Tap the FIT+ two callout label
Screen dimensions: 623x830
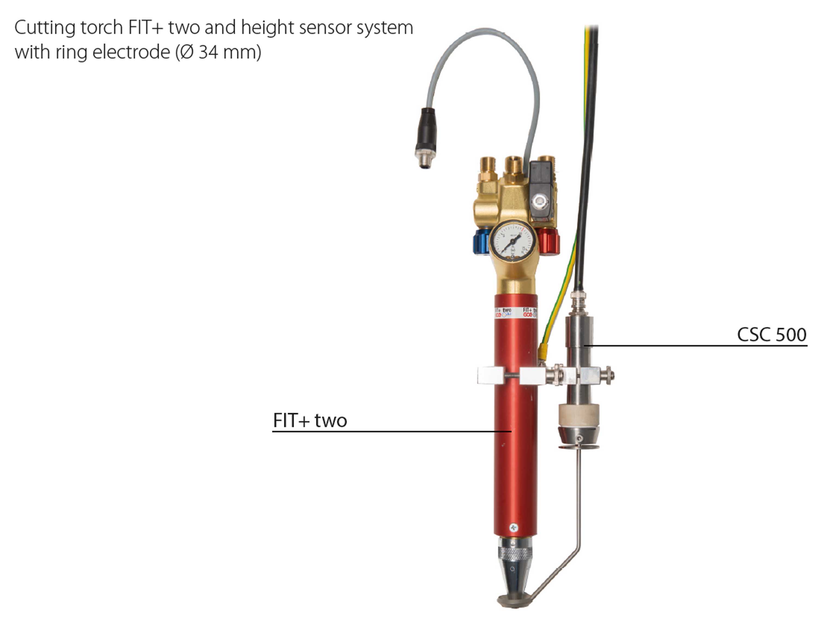coord(310,420)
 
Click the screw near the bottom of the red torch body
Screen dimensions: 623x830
coord(514,528)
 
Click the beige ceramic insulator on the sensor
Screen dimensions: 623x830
coord(578,415)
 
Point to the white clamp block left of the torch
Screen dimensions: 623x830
coord(490,375)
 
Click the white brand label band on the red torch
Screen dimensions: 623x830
coord(515,312)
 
